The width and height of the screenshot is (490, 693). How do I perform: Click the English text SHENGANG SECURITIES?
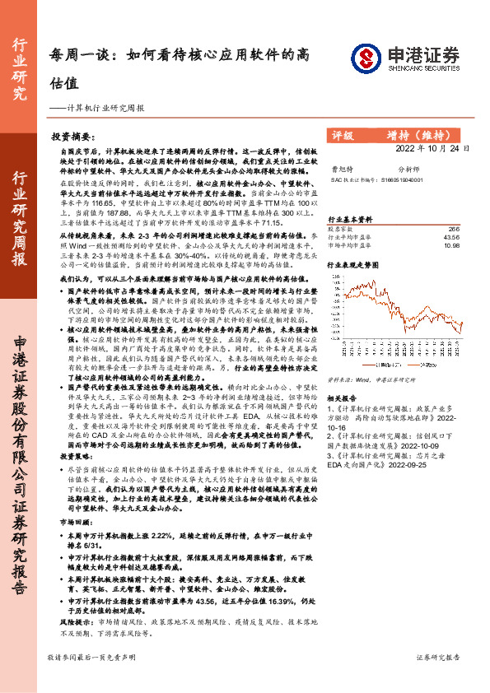click(420, 69)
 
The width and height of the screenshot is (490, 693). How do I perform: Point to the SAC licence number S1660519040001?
click(401, 179)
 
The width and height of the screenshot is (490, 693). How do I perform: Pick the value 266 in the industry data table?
click(454, 230)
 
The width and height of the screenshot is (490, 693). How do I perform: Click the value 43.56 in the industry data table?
click(450, 237)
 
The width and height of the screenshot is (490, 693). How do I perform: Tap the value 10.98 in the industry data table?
click(450, 245)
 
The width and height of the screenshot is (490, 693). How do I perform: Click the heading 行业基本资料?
click(350, 219)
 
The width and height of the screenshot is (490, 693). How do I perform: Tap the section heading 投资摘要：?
click(72, 137)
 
